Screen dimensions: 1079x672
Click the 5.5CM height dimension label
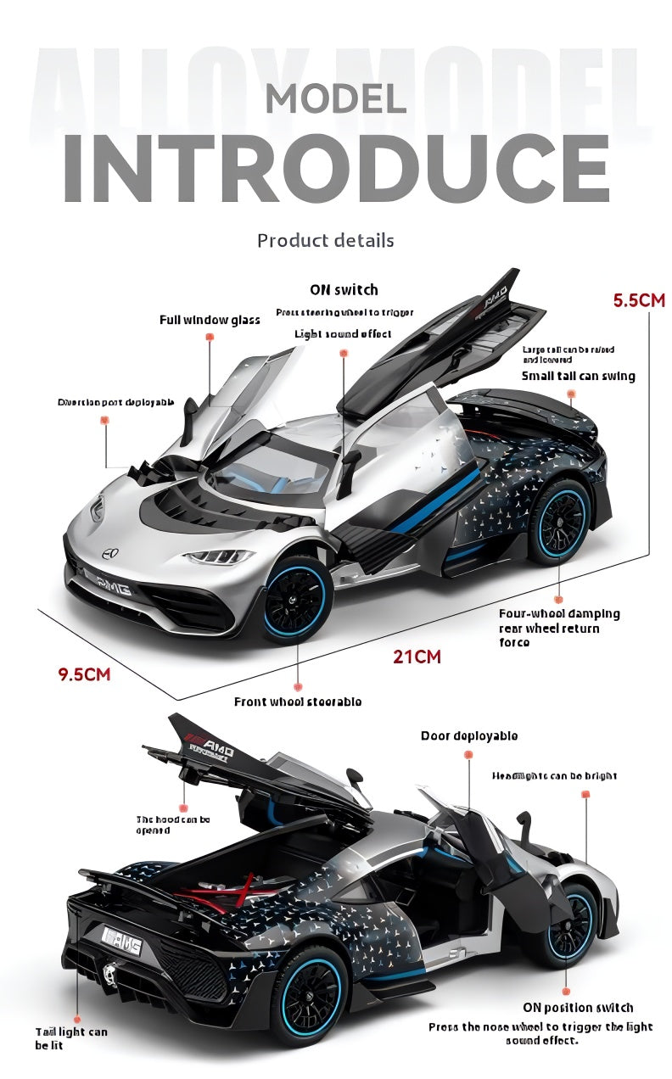639,300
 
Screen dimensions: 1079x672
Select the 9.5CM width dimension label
84,675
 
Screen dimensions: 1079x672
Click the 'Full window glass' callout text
210,320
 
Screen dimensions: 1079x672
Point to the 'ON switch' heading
344,290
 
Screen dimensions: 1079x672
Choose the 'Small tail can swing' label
578,376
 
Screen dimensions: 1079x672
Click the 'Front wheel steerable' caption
298,702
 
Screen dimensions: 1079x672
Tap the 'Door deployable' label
468,736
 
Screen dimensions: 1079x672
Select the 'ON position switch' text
578,1008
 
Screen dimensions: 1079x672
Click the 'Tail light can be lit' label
71,1038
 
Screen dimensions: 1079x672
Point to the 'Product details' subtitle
326,241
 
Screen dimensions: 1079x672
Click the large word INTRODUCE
336,166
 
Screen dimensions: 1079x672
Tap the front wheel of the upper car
294,599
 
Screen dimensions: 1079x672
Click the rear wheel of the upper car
559,520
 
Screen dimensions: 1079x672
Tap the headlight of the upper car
219,557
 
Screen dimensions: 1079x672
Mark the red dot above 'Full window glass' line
210,337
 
